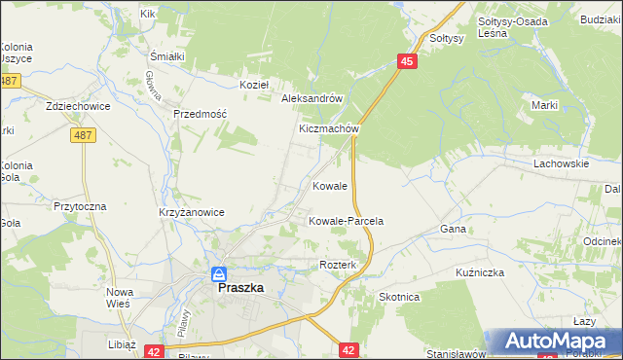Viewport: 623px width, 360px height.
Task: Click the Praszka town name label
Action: (239, 288)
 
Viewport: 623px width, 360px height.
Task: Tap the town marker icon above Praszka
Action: (220, 274)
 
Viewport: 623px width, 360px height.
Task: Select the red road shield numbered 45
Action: (407, 61)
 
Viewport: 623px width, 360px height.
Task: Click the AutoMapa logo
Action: (556, 342)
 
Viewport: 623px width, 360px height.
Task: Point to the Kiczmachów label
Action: (330, 128)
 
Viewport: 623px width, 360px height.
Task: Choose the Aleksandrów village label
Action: (311, 98)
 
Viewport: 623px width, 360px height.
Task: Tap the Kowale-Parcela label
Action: (346, 221)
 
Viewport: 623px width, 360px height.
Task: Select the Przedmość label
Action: (200, 114)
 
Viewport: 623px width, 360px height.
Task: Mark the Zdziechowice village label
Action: (75, 105)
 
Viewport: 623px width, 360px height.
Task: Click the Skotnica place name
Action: (399, 297)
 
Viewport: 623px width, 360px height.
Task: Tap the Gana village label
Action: (453, 229)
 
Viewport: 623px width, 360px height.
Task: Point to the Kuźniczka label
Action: (479, 272)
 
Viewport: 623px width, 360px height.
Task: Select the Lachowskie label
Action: (561, 164)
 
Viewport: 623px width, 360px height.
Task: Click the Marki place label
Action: (543, 105)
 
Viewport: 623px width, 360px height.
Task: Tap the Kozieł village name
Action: (254, 85)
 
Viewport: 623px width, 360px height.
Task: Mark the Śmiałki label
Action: (167, 55)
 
